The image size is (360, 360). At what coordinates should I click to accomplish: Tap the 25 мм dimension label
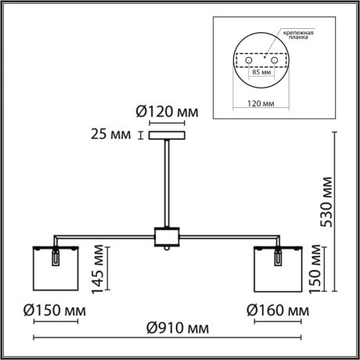point(113,136)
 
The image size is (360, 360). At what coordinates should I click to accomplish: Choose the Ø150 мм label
point(52,311)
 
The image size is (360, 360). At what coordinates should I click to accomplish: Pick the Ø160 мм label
point(276,311)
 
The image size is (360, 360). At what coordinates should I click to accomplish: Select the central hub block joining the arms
point(166,236)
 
